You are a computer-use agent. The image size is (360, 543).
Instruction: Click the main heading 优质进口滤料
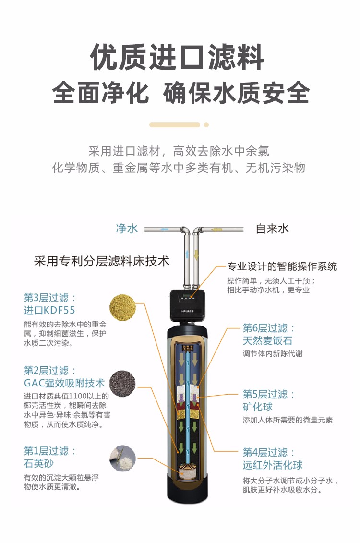[177, 57]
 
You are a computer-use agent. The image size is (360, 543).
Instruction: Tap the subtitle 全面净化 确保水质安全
[180, 93]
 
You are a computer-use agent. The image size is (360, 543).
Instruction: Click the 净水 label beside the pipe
[127, 229]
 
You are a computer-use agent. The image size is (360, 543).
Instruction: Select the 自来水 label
[272, 229]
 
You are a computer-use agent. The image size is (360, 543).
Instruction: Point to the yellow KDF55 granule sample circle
[122, 307]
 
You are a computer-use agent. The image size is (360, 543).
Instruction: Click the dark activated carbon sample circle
[122, 383]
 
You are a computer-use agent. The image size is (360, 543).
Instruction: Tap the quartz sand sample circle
[122, 458]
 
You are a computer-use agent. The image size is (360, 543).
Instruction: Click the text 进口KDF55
[49, 310]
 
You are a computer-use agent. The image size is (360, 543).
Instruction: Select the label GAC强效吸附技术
[64, 383]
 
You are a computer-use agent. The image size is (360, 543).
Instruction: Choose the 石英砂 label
[38, 463]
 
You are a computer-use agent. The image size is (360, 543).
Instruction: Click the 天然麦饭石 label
[267, 341]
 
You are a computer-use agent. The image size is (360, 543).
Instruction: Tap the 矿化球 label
[258, 407]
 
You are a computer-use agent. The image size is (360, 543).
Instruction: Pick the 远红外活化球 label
[273, 465]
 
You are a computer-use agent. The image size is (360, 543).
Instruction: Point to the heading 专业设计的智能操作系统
[282, 266]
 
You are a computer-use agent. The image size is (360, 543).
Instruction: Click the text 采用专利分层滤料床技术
[102, 261]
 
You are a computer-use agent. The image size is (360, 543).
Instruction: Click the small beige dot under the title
[206, 125]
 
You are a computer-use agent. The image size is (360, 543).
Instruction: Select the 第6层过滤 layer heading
[269, 328]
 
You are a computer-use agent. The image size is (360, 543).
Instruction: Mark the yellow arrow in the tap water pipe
[217, 229]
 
